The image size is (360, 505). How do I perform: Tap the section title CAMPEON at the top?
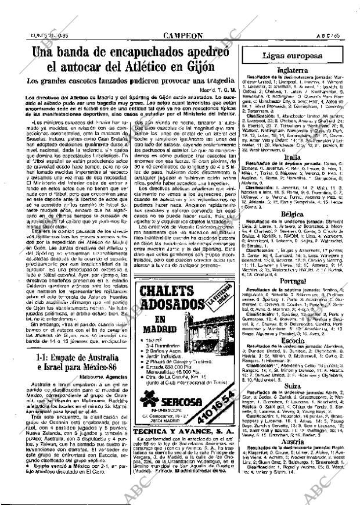[183, 35]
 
